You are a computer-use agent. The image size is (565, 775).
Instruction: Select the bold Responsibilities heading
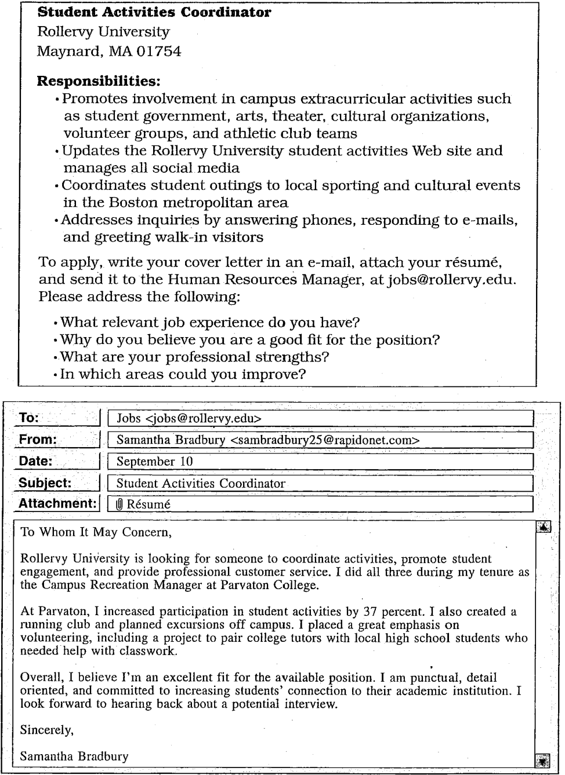tap(98, 81)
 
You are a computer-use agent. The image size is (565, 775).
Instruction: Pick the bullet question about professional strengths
tap(195, 357)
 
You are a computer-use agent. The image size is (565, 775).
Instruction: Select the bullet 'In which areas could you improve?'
tap(183, 374)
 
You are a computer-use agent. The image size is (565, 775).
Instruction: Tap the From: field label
tap(37, 440)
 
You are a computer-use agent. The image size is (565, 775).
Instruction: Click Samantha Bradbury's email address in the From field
tap(325, 440)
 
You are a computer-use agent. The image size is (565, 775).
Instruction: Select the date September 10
tap(154, 462)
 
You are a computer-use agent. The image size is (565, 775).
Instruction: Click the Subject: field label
tap(45, 483)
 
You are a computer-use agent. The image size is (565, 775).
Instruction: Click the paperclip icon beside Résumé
tap(120, 505)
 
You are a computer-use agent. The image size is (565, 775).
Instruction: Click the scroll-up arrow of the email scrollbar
tap(544, 527)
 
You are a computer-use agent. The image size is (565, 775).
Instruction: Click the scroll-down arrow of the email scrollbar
tap(543, 759)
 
